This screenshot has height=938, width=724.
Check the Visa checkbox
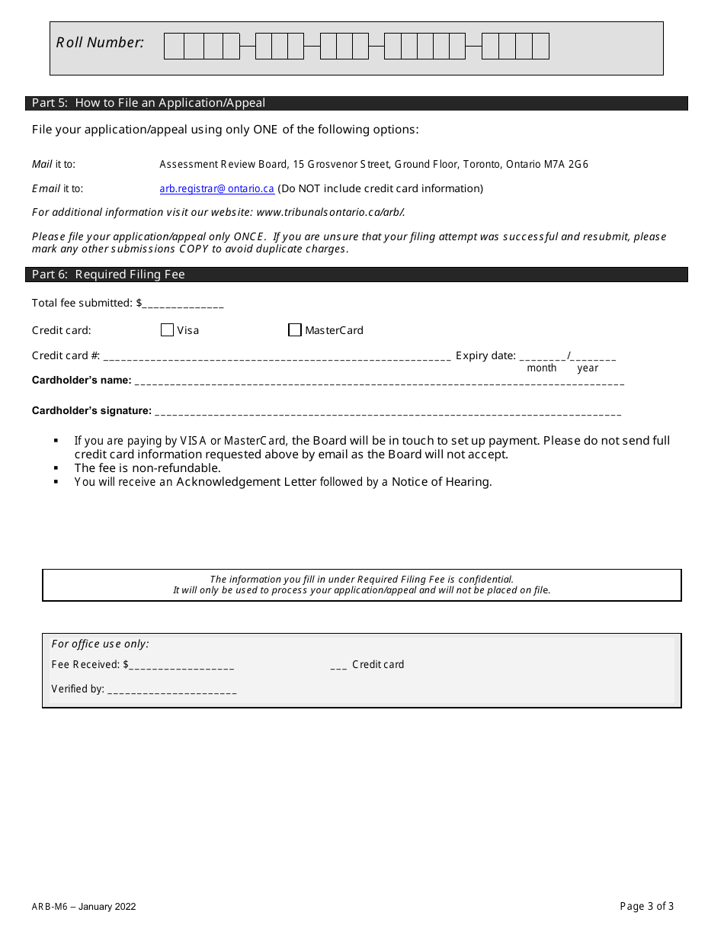pos(168,330)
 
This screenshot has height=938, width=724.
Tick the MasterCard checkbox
pos(295,330)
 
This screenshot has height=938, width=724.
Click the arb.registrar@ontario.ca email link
pos(216,188)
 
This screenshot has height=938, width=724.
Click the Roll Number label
pos(100,43)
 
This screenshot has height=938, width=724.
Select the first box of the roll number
pos(174,47)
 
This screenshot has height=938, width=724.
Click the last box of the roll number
pos(540,47)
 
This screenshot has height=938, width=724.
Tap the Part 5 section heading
pos(149,103)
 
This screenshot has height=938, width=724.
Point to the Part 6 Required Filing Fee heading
pos(108,275)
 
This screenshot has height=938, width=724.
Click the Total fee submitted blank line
pos(183,304)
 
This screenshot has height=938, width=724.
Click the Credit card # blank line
pos(277,357)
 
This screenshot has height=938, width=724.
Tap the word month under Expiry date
pos(542,368)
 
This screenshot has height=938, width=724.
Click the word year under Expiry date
pos(588,368)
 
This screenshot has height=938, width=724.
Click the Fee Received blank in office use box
pos(181,666)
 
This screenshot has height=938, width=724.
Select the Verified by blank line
pos(172,690)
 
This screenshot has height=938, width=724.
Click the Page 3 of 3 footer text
pos(647,907)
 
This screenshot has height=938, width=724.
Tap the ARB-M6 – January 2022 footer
pos(84,907)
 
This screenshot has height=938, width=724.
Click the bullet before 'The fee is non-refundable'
pos(56,468)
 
